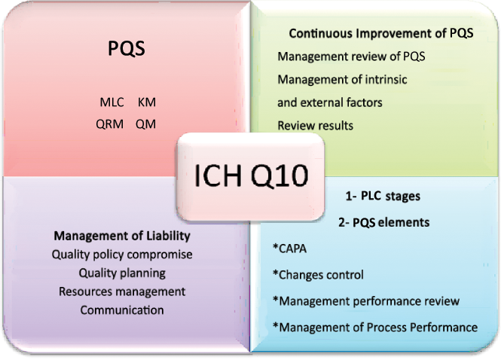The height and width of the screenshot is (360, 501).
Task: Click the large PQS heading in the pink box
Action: click(x=125, y=50)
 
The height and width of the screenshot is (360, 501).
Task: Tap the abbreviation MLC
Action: click(x=112, y=102)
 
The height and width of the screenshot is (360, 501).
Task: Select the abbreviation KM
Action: click(x=147, y=102)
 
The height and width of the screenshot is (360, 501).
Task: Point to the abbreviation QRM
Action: click(x=110, y=124)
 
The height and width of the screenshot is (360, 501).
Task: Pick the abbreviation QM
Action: click(x=146, y=124)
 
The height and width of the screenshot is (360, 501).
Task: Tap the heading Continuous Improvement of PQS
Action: click(x=381, y=35)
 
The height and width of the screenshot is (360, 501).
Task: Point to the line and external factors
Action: click(x=330, y=102)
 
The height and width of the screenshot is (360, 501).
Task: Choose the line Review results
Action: click(x=315, y=125)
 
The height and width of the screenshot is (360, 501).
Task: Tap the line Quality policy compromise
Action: click(x=122, y=255)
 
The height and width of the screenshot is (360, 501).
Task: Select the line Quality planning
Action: click(x=122, y=273)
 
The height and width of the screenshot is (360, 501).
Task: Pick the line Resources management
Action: click(x=122, y=291)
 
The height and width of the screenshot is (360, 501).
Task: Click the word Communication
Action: click(x=122, y=310)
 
